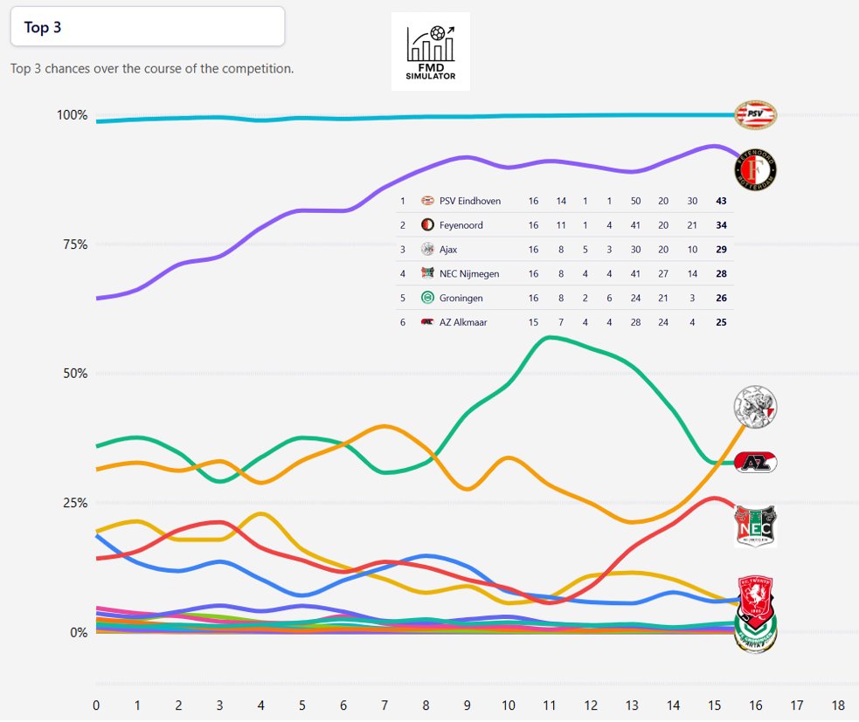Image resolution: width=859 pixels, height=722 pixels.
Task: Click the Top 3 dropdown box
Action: point(147,26)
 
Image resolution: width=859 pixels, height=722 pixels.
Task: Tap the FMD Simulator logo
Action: point(430,52)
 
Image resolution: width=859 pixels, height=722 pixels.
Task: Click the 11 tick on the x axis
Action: point(548,705)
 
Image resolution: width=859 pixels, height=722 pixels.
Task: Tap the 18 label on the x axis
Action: point(837,705)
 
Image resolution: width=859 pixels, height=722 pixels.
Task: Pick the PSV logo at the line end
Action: point(754,113)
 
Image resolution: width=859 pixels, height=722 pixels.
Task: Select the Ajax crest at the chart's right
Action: point(756,406)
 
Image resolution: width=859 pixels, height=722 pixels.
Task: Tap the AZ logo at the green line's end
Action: point(756,463)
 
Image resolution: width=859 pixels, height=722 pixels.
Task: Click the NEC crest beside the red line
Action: point(756,526)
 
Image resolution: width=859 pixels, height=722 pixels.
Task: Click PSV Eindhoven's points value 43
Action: point(720,201)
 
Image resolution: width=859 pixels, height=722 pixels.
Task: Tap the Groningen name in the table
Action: point(462,299)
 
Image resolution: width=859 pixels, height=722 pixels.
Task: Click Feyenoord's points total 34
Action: point(720,225)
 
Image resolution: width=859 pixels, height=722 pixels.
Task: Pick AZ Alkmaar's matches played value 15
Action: point(533,323)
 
